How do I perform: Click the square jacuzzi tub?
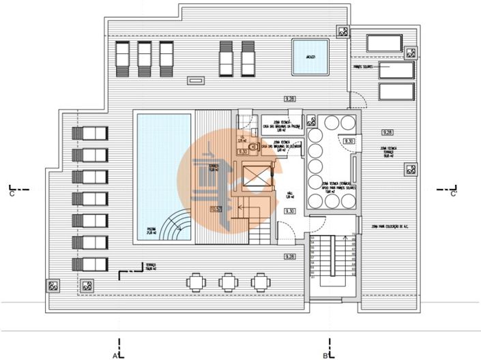pyautogui.click(x=310, y=57)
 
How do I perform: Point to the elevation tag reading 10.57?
pyautogui.click(x=217, y=209)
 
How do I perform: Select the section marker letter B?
pyautogui.click(x=326, y=355)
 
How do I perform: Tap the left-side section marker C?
pyautogui.click(x=12, y=194)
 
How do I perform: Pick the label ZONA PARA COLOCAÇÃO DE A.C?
pyautogui.click(x=394, y=226)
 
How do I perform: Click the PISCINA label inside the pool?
pyautogui.click(x=150, y=229)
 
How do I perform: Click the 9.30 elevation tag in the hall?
pyautogui.click(x=289, y=211)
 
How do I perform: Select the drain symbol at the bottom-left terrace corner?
pyautogui.click(x=53, y=286)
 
